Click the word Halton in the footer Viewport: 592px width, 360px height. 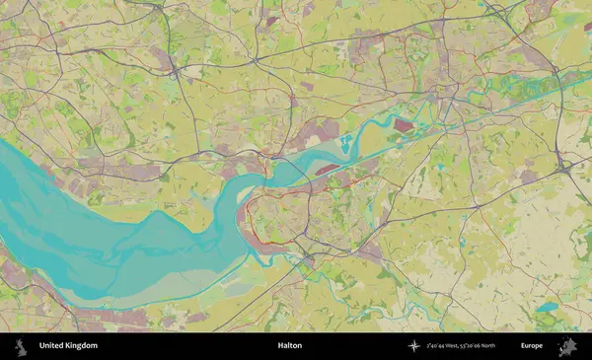click(x=289, y=346)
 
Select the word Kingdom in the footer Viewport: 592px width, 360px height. click(x=82, y=346)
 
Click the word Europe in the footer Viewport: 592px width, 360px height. click(x=532, y=346)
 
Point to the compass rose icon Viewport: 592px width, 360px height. click(x=413, y=346)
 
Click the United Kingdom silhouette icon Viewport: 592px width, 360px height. click(x=21, y=346)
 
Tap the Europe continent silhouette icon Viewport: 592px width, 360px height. click(x=566, y=346)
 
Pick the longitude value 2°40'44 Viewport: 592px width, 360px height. click(x=439, y=346)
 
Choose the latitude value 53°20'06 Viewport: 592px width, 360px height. click(x=480, y=346)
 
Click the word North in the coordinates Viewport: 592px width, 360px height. click(x=503, y=346)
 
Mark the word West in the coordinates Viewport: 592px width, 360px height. click(x=460, y=346)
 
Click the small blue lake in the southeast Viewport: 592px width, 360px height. click(x=547, y=307)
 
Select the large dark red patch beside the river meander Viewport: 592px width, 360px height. click(x=403, y=125)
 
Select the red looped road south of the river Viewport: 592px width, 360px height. click(x=271, y=212)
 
